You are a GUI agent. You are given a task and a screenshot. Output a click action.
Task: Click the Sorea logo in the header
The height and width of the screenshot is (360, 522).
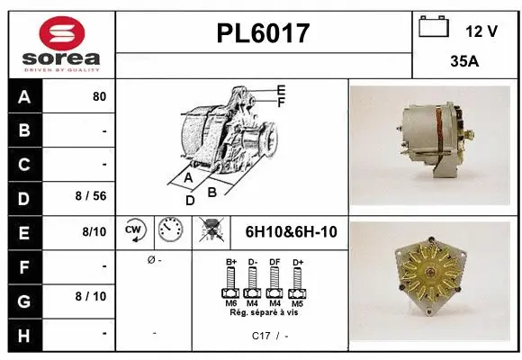tap(61, 44)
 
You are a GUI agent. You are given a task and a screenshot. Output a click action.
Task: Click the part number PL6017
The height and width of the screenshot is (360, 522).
tap(264, 34)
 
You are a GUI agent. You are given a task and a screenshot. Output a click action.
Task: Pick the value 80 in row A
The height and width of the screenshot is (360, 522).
tap(99, 96)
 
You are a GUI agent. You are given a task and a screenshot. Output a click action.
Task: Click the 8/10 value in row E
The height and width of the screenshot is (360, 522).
tap(94, 232)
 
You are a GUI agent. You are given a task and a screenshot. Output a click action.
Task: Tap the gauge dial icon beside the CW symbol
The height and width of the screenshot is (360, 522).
tap(168, 231)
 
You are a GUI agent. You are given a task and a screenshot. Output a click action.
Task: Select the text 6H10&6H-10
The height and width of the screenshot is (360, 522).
tap(291, 232)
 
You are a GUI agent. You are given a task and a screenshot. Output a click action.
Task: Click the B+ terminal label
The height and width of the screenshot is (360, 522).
tap(230, 262)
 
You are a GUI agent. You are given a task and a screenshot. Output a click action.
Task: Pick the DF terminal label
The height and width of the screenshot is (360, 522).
tap(274, 262)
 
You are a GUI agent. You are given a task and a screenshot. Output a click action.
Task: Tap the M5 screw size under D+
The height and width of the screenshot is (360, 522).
tap(296, 303)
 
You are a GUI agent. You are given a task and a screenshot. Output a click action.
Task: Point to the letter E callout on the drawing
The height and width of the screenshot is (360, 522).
tap(281, 90)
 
